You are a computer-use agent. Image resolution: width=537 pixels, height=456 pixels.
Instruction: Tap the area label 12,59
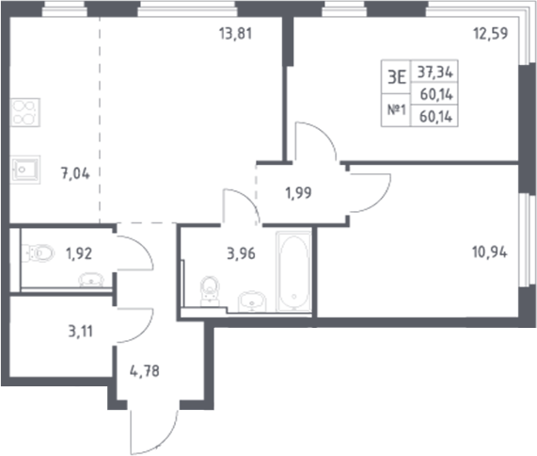pos(490,40)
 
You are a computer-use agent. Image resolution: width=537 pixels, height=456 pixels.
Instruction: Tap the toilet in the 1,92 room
pos(38,253)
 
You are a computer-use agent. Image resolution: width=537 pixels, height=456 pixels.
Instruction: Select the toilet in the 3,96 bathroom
pos(211,293)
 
